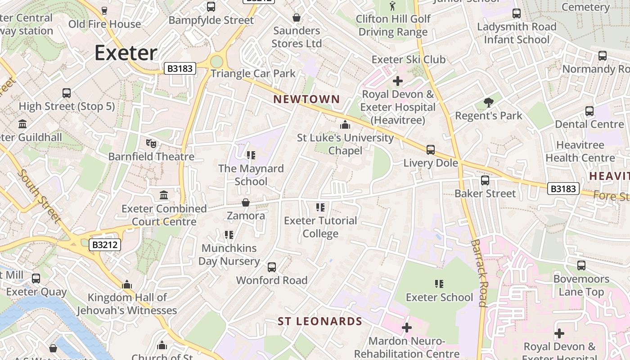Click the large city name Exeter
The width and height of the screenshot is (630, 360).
click(126, 53)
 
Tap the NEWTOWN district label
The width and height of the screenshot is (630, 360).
click(306, 99)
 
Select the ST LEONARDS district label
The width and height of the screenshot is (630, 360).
click(319, 321)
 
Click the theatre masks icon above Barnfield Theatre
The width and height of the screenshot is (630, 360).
click(151, 144)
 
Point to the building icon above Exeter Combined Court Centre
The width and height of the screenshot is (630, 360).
click(164, 195)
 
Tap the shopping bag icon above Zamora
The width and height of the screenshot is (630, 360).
click(246, 202)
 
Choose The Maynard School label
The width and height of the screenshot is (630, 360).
click(251, 175)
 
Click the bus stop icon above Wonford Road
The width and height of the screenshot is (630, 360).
click(272, 267)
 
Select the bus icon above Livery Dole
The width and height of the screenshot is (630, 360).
click(431, 150)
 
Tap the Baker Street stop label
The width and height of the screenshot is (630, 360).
click(485, 193)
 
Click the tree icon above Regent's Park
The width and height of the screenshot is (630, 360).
click(488, 103)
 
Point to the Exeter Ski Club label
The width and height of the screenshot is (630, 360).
click(408, 59)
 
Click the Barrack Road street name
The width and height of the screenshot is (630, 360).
click(479, 273)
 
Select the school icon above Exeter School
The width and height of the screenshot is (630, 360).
click(439, 284)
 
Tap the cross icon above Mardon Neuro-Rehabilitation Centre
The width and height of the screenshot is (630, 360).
click(407, 328)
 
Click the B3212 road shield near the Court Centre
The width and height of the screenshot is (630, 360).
click(105, 245)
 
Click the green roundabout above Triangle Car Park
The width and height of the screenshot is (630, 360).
click(216, 62)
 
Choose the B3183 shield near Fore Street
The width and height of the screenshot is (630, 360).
click(563, 189)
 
